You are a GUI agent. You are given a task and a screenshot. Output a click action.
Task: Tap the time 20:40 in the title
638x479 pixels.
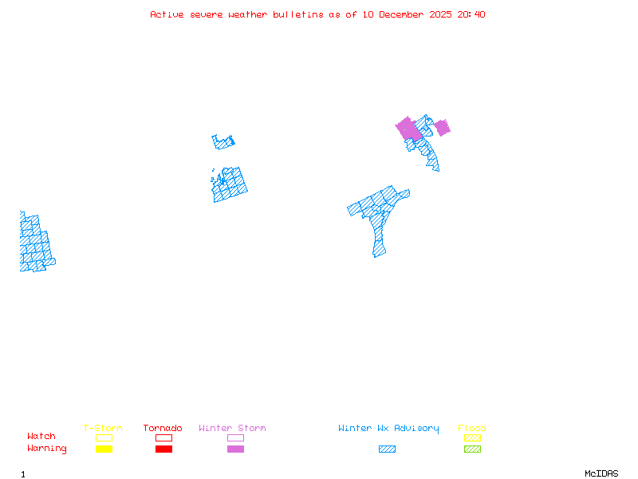point(471,14)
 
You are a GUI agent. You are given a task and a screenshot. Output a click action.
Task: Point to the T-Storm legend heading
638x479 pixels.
point(103,429)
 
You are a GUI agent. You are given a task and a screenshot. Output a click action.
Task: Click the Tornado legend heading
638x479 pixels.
point(163,429)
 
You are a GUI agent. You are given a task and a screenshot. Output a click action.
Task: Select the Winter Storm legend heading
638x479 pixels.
point(232,429)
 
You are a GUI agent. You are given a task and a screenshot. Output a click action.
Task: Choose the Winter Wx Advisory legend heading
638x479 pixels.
point(388,429)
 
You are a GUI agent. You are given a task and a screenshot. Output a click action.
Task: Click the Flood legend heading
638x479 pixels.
point(472,429)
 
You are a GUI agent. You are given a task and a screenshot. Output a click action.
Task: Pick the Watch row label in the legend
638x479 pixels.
point(41,437)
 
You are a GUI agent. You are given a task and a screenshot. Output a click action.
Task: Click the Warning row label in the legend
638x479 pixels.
point(47,449)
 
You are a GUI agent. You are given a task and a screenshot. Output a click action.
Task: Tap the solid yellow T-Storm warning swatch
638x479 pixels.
point(104,449)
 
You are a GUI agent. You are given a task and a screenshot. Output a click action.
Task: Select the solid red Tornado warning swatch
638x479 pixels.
point(163,449)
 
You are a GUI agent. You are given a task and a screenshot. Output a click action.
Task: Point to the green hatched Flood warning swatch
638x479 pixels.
point(472,449)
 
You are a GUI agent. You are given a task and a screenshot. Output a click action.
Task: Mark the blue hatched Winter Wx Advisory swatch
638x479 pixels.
point(387,449)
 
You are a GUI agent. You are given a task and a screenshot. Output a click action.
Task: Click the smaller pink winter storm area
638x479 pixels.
point(442,128)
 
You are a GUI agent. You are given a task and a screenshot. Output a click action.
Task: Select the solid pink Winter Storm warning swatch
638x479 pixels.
point(235,449)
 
